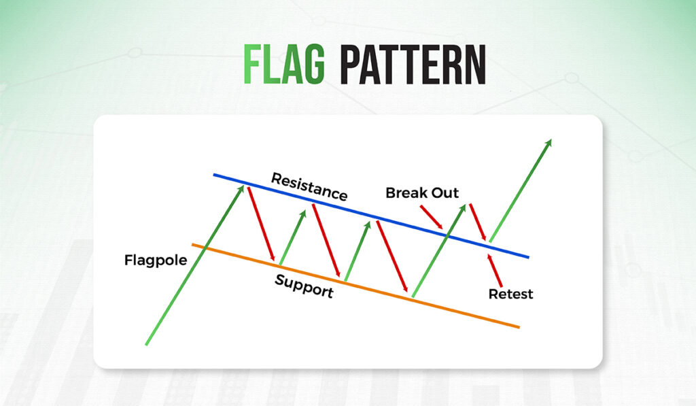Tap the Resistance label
point(309,186)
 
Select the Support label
point(304,286)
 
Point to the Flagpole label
point(155,260)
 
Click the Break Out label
point(422,192)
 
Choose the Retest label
point(510,294)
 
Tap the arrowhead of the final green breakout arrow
point(549,142)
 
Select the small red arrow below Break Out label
point(431,216)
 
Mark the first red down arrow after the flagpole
point(262,224)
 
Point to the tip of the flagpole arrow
point(242,186)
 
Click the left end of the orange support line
point(193,245)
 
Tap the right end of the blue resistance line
point(528,257)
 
